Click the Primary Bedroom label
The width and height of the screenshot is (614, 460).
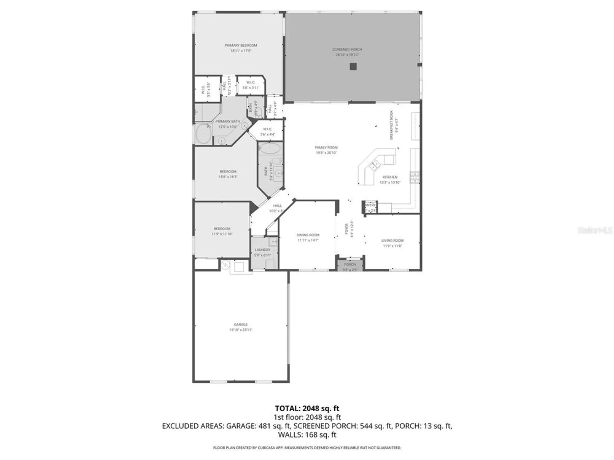(240, 45)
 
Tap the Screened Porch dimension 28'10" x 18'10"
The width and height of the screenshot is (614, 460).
(347, 55)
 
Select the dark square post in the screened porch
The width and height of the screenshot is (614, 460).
(353, 67)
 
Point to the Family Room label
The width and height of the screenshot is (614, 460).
(326, 148)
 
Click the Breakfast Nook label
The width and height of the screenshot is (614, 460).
(391, 125)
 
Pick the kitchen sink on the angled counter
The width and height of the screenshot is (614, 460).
(375, 166)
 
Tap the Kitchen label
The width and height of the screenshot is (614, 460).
(390, 177)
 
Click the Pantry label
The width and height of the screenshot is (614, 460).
(370, 205)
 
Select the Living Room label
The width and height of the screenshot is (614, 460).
(392, 240)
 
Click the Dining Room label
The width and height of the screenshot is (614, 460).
(308, 235)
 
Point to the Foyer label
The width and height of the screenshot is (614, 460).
(347, 229)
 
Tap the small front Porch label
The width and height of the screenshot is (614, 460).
(350, 264)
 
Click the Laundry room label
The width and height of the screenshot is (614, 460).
(262, 250)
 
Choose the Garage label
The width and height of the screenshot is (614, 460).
(241, 324)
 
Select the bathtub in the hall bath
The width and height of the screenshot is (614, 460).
(270, 149)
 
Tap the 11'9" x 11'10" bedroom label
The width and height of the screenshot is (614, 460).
(222, 229)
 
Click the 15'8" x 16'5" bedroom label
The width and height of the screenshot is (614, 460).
(228, 171)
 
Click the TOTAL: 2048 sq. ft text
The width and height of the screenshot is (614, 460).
(307, 408)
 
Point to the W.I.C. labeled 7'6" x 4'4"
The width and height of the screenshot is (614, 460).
(267, 129)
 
